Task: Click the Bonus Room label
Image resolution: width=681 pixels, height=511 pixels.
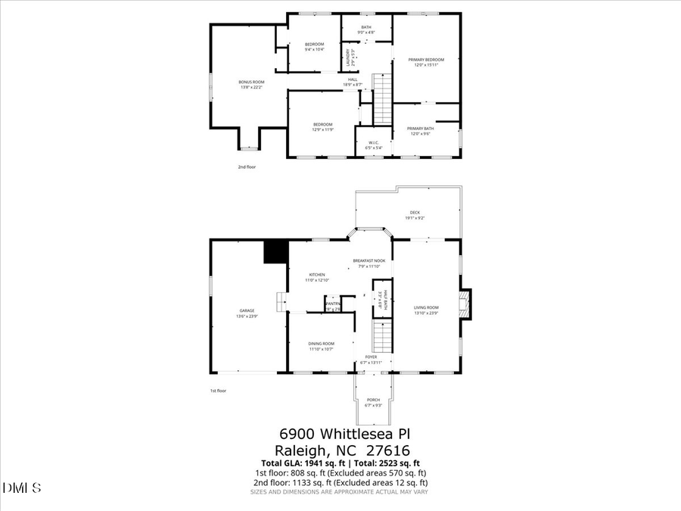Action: pos(251,82)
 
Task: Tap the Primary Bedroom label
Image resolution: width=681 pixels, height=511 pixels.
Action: pos(426,60)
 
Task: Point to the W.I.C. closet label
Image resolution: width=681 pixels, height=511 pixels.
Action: pos(374,143)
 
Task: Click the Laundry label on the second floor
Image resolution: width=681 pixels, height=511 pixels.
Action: pos(349,56)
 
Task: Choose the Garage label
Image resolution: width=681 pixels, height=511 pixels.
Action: pos(247,310)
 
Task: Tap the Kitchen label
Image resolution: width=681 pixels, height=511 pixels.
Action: pos(317,275)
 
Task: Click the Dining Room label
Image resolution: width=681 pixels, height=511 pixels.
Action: pos(321,344)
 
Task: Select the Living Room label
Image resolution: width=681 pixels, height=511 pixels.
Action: pos(426,307)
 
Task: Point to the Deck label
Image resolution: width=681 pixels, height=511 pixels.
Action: pos(415,213)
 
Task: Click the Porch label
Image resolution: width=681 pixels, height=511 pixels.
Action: pos(373,400)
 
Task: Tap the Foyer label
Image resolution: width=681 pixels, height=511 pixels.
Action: pos(372,357)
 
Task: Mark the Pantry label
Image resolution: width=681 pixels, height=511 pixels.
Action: pos(333,304)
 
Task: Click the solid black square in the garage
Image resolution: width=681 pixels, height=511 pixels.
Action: pos(274,251)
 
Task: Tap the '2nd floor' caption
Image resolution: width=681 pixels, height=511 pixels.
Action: pos(247,167)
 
